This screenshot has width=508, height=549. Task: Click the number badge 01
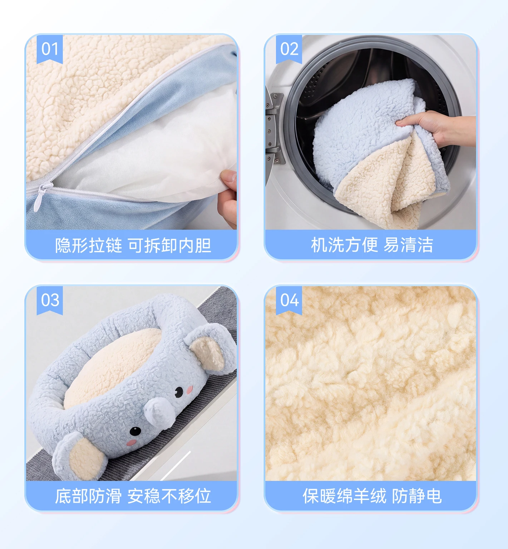(50, 49)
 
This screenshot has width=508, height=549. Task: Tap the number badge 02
(289, 49)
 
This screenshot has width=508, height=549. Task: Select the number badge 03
(50, 300)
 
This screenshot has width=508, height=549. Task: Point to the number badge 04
(289, 300)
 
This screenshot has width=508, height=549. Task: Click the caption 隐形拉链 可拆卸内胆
(133, 245)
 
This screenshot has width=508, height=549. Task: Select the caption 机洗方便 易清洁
(372, 245)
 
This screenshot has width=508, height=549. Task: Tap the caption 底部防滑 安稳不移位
(133, 496)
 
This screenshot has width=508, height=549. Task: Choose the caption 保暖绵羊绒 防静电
(372, 496)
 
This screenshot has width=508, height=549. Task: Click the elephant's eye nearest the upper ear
(179, 392)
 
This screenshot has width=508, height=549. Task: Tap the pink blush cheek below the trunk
(132, 443)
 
